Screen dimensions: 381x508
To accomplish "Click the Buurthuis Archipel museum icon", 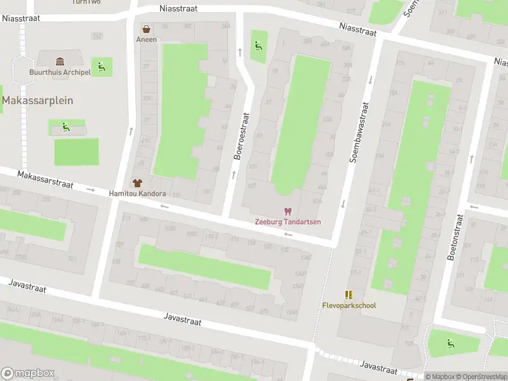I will click(x=60, y=62).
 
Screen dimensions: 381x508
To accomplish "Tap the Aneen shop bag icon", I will click(x=147, y=29).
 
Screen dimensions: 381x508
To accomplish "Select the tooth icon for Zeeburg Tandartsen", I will click(x=288, y=211).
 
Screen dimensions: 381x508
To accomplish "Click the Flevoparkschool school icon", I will click(x=349, y=295).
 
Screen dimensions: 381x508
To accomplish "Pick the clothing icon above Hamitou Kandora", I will click(x=137, y=183).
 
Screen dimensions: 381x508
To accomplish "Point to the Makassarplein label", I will click(x=37, y=100).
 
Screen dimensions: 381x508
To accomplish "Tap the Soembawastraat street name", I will click(x=359, y=123).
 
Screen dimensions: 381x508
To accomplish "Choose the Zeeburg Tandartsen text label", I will click(x=288, y=222).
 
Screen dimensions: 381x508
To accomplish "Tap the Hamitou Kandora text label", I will click(x=137, y=194).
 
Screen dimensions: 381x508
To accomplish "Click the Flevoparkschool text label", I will click(x=348, y=305).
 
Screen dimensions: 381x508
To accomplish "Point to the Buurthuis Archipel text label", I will click(x=60, y=72).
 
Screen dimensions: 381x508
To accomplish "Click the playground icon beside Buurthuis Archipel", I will click(x=100, y=65).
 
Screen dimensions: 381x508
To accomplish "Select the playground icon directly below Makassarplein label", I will click(x=66, y=127).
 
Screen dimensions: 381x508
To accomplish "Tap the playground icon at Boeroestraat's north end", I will click(x=258, y=45).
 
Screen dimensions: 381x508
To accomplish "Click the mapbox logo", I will click(x=28, y=373).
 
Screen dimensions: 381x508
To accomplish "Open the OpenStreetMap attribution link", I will click(x=483, y=377).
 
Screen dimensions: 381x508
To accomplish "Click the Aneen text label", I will click(x=146, y=39).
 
